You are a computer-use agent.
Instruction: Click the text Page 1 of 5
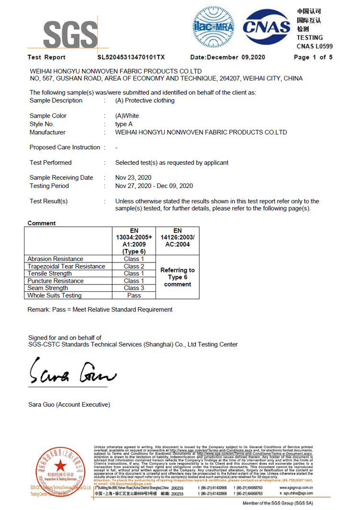tap(313, 57)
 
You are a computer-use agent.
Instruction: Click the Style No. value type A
tap(124, 124)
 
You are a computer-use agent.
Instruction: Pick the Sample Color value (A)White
tap(127, 116)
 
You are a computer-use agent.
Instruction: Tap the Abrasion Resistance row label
tap(56, 259)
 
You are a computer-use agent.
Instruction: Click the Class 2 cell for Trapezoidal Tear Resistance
tap(134, 266)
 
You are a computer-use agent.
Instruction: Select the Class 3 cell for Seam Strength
tap(134, 288)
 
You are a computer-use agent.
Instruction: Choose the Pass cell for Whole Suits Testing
tap(134, 296)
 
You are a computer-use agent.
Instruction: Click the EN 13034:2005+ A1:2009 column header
tap(134, 240)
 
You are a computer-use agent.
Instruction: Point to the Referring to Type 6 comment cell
tap(178, 277)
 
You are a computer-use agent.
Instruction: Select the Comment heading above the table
tap(42, 223)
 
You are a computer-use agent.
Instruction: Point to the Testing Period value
tap(154, 186)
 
